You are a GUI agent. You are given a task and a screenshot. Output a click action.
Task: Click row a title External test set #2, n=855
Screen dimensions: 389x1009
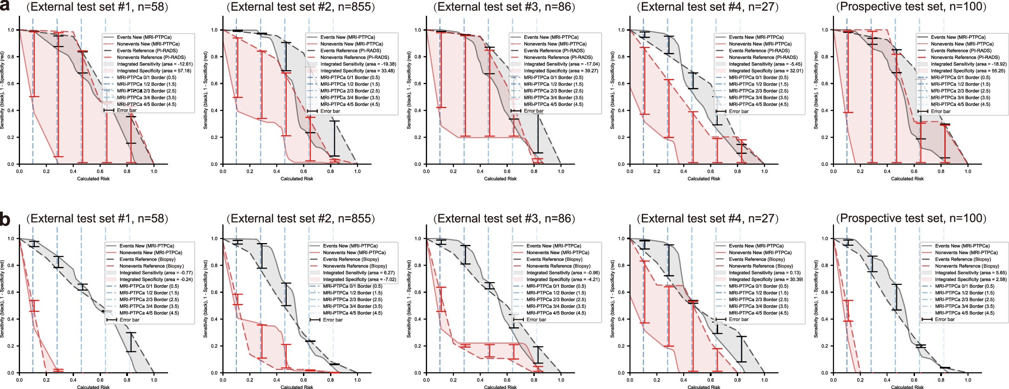pos(300,7)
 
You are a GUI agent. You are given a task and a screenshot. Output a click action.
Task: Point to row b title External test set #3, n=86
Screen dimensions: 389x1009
pos(504,218)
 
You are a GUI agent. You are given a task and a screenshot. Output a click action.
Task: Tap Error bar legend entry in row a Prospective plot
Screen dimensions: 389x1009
pos(941,111)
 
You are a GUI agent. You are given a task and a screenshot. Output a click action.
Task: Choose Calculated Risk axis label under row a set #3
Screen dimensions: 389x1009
pos(500,178)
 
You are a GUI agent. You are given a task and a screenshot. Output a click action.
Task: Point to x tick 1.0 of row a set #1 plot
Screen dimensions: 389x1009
pos(154,171)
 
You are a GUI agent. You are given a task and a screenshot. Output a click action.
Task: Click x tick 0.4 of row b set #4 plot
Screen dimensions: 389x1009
pos(683,380)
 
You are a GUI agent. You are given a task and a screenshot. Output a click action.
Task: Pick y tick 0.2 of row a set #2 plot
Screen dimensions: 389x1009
pos(215,138)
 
